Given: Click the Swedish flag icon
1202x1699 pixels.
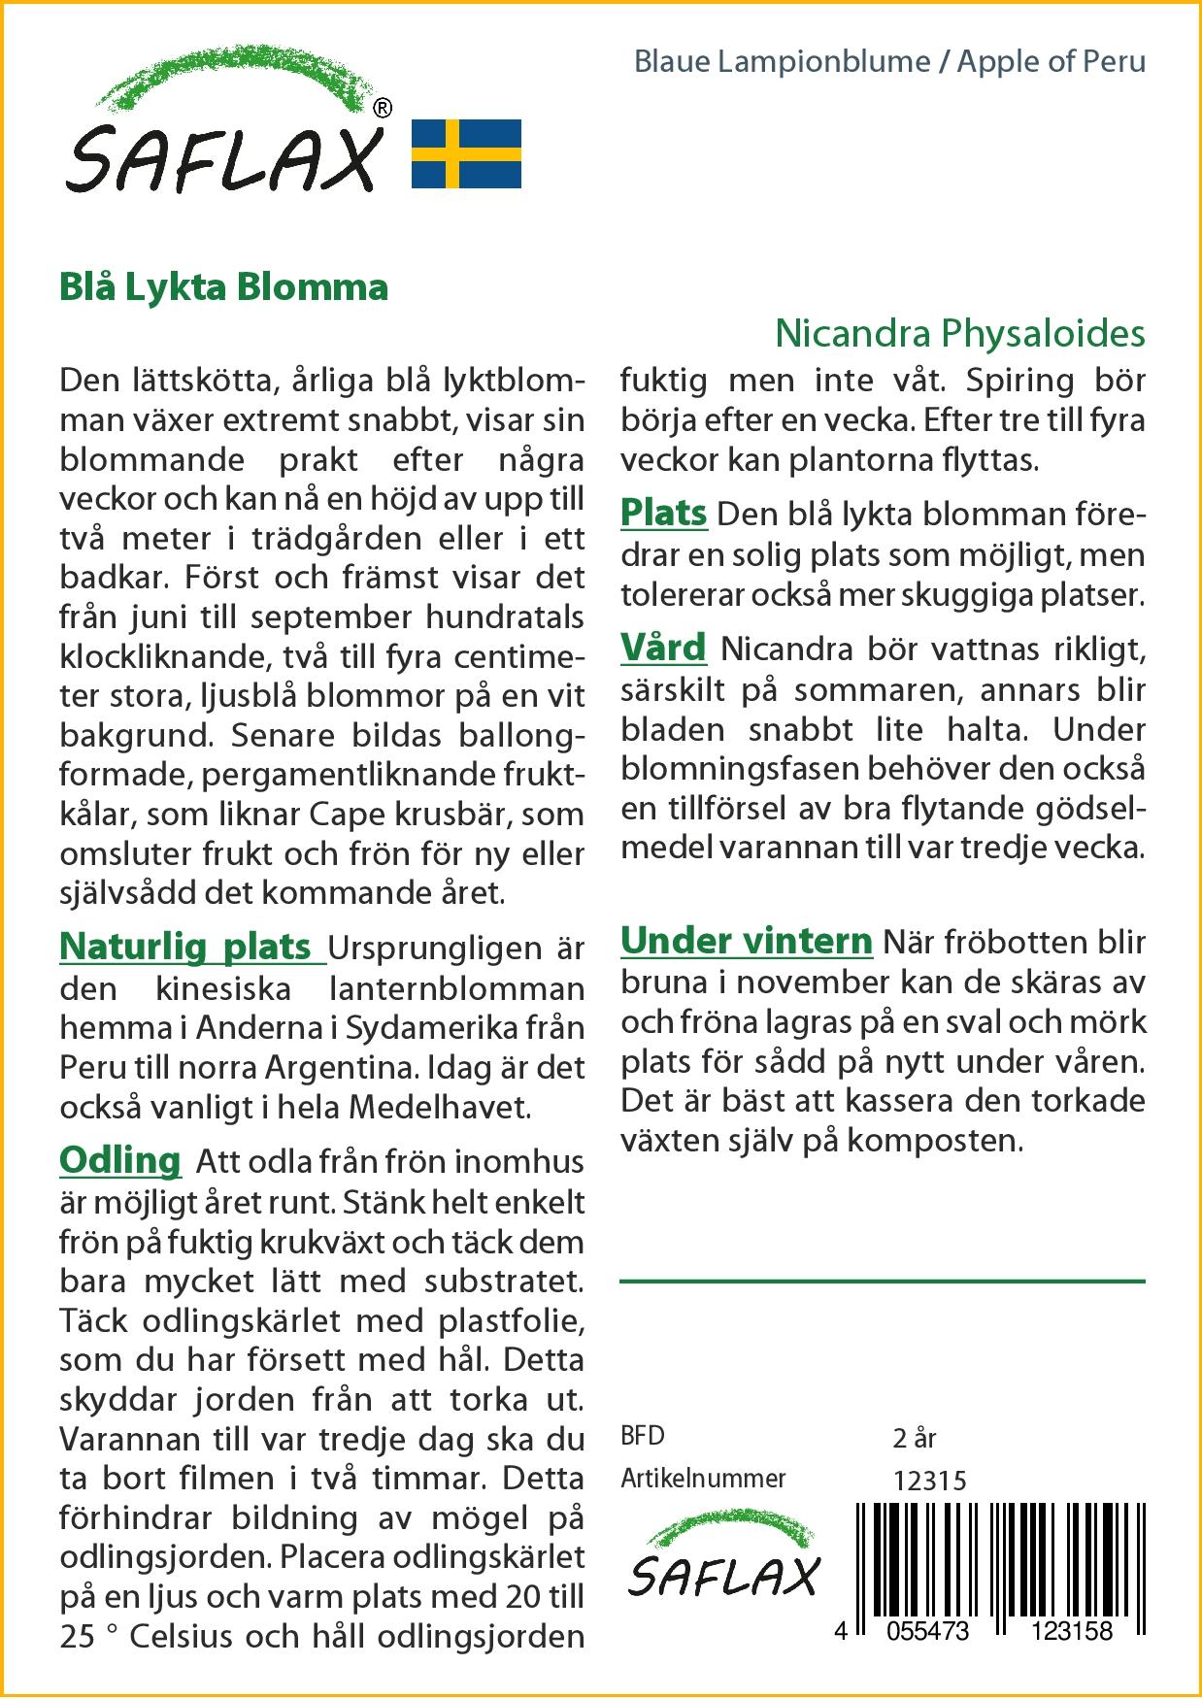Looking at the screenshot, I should pyautogui.click(x=466, y=153).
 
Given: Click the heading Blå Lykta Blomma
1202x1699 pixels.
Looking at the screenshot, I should pyautogui.click(x=223, y=287).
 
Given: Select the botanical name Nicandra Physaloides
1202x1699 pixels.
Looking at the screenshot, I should pyautogui.click(x=959, y=334).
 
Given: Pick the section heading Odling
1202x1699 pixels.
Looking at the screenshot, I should pyautogui.click(x=120, y=1159).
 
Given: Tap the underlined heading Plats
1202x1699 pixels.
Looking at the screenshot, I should pyautogui.click(x=664, y=513).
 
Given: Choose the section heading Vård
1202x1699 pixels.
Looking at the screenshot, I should pyautogui.click(x=663, y=648).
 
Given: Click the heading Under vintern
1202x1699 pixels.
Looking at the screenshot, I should pyautogui.click(x=747, y=940).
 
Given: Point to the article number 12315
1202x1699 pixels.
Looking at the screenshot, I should pyautogui.click(x=929, y=1480).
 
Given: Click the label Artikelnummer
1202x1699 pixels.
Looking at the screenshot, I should pyautogui.click(x=703, y=1479).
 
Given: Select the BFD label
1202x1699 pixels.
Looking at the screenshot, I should pyautogui.click(x=643, y=1436).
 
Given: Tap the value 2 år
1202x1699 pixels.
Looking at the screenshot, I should pyautogui.click(x=913, y=1437).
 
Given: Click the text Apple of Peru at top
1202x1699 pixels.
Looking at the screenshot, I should pyautogui.click(x=1052, y=62).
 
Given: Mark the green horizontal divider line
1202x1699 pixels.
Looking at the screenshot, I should pyautogui.click(x=882, y=1282).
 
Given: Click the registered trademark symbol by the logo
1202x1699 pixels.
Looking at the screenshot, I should pyautogui.click(x=383, y=109).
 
